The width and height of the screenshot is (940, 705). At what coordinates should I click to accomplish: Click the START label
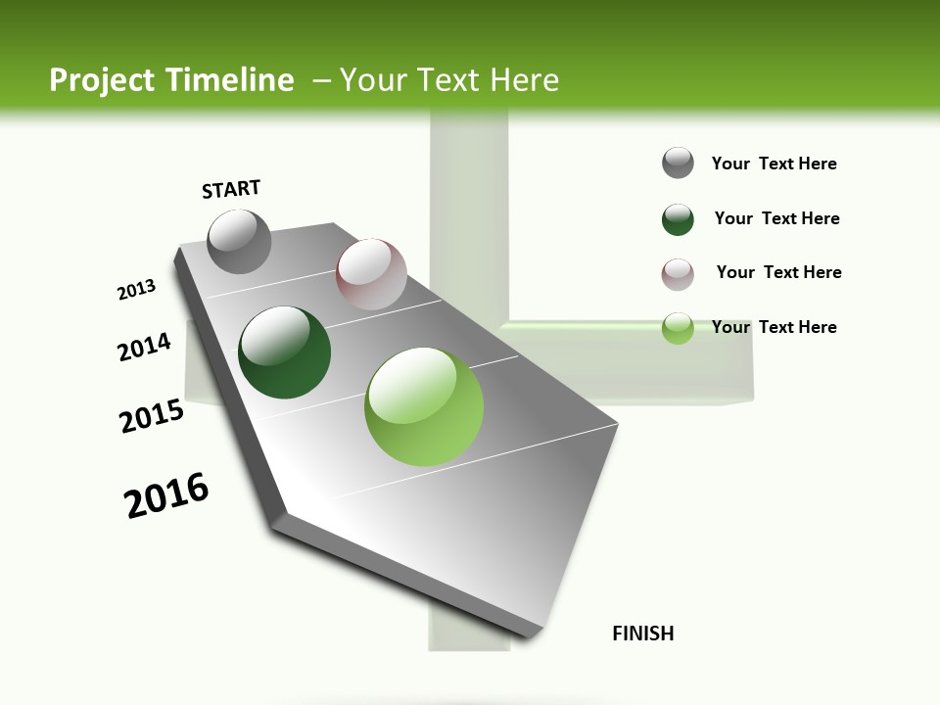click(231, 189)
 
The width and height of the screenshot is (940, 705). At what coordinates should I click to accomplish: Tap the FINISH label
click(643, 634)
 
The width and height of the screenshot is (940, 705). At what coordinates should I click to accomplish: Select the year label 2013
click(137, 290)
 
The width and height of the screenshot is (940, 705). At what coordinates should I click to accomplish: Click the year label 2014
click(145, 347)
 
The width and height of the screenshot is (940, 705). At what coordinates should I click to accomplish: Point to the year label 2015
click(152, 416)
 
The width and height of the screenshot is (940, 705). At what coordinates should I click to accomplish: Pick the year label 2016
click(166, 495)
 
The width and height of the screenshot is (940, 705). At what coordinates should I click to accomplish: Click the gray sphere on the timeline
click(240, 241)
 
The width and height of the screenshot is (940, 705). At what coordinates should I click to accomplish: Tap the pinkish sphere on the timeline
click(371, 274)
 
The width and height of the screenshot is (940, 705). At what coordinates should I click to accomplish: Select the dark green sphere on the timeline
click(285, 352)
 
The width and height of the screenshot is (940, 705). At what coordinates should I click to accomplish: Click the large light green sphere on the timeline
click(424, 406)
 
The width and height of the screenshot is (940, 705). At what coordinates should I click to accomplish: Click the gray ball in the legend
click(678, 163)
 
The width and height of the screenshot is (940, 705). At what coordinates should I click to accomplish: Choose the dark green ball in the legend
click(678, 219)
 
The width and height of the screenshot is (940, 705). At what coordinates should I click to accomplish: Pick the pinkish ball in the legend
click(678, 274)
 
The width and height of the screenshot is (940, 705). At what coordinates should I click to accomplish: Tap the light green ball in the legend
click(678, 328)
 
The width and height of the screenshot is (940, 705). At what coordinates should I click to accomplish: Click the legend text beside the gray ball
click(774, 164)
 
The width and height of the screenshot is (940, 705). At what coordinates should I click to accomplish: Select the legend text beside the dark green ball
click(776, 218)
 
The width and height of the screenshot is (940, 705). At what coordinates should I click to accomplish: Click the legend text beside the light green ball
click(774, 327)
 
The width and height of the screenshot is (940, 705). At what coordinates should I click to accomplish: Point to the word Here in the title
click(524, 80)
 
